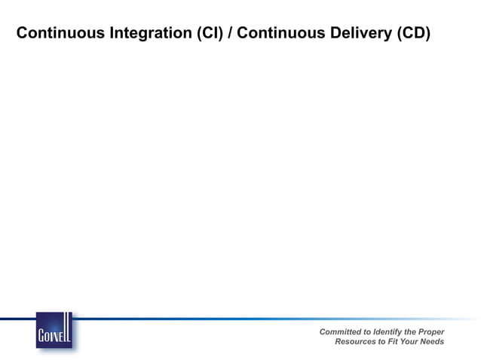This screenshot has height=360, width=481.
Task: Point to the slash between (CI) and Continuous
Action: [x=230, y=34]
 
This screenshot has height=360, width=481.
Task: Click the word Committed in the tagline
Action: [x=340, y=331]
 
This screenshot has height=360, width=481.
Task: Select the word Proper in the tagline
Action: [x=431, y=331]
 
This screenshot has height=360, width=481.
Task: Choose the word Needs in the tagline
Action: [x=434, y=342]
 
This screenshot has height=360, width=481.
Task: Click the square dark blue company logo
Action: [x=54, y=330]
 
